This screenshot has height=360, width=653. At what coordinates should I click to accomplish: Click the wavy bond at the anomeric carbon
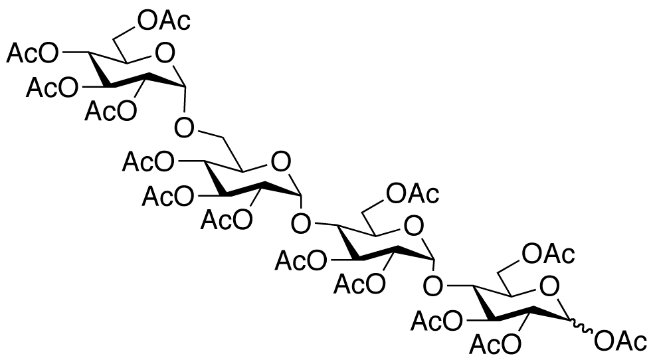pyautogui.click(x=581, y=326)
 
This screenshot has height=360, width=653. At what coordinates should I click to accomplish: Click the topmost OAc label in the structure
pyautogui.click(x=164, y=21)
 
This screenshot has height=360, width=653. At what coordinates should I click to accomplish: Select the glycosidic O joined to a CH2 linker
pyautogui.click(x=184, y=128)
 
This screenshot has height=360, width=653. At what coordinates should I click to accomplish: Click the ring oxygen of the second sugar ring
pyautogui.click(x=281, y=162)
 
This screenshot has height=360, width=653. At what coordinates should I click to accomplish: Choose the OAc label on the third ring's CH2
pyautogui.click(x=413, y=194)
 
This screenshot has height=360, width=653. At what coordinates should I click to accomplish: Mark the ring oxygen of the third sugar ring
pyautogui.click(x=414, y=226)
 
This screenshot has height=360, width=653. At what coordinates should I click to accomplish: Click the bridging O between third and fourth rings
pyautogui.click(x=433, y=288)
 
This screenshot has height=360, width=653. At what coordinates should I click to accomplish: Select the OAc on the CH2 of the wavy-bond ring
pyautogui.click(x=549, y=254)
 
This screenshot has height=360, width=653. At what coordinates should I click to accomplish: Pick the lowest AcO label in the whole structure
pyautogui.click(x=495, y=343)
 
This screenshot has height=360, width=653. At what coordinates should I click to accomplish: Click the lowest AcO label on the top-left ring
pyautogui.click(x=110, y=110)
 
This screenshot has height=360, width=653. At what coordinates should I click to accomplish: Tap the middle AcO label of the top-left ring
pyautogui.click(x=52, y=88)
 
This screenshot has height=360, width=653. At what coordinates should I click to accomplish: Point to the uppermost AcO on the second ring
pyautogui.click(x=148, y=162)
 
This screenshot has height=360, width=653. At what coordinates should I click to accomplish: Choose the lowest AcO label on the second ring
pyautogui.click(x=226, y=220)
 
